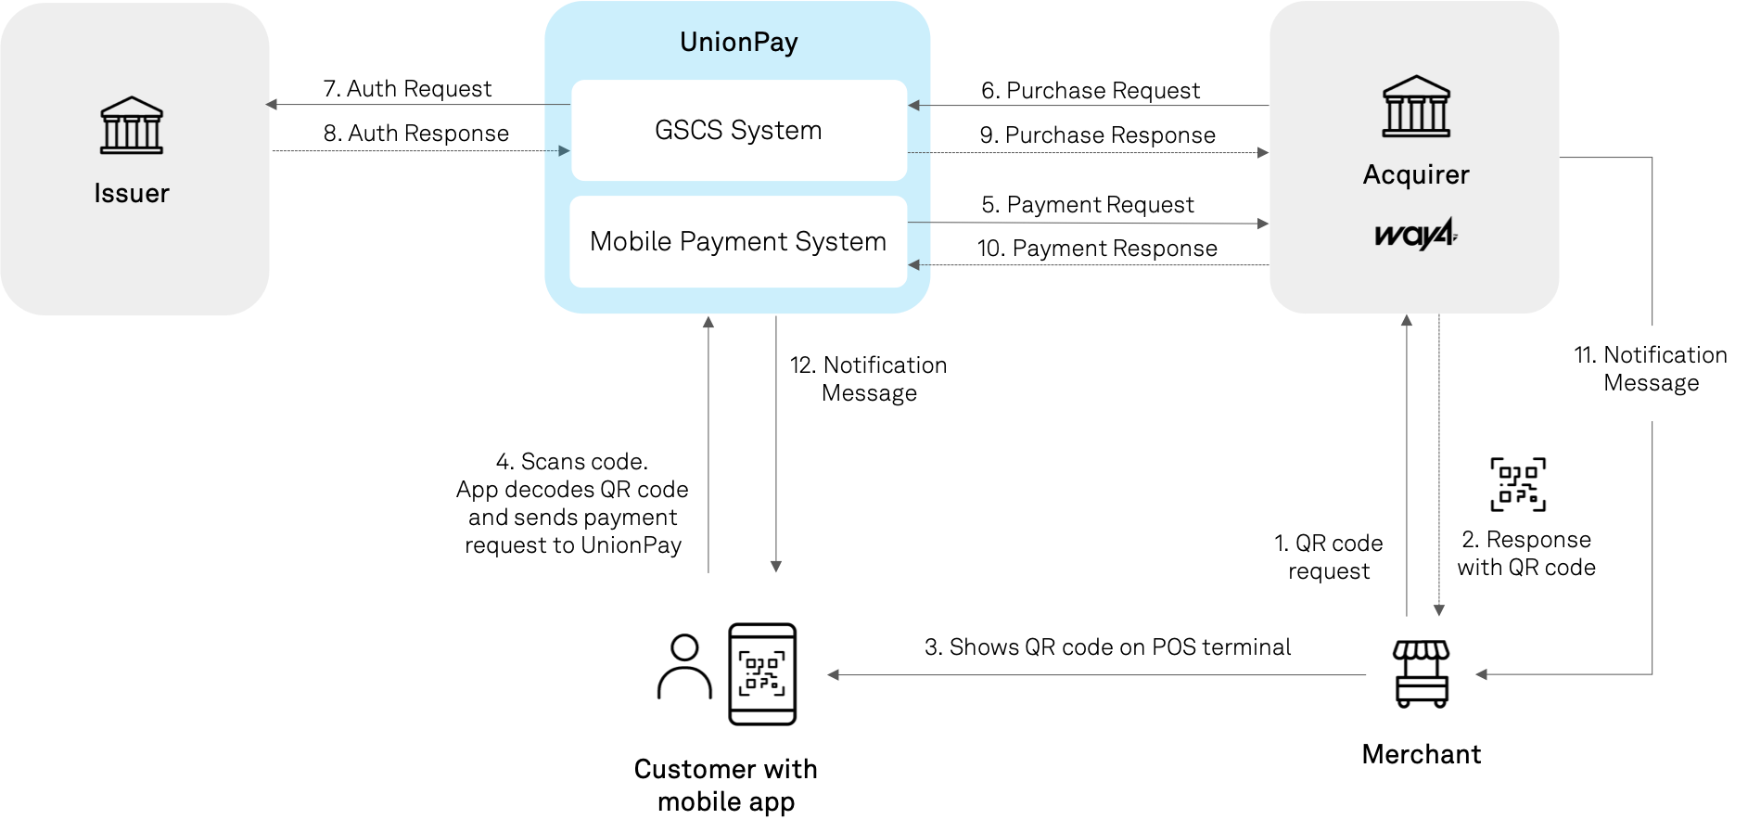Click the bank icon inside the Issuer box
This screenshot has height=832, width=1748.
132,125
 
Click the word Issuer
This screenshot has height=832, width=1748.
132,193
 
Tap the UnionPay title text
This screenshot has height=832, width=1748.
738,42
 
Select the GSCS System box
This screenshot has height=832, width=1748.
738,130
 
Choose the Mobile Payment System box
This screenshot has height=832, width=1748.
738,241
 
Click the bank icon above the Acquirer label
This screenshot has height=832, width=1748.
1416,107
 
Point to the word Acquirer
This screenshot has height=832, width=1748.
1416,174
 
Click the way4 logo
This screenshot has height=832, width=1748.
1416,234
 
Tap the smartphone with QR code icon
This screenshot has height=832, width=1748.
762,674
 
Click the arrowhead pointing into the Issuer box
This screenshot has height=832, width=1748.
272,105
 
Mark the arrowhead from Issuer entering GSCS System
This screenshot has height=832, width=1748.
564,150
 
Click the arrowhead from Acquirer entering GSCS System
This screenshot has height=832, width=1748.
914,106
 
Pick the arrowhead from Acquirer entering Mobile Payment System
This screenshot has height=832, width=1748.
914,265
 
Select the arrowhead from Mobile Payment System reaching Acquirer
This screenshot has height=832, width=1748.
1263,224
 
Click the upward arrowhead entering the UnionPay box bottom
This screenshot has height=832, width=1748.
708,322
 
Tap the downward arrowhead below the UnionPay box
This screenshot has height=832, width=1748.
776,566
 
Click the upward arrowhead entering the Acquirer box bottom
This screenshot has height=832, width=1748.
1407,321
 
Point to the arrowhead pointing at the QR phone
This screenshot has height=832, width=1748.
834,675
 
